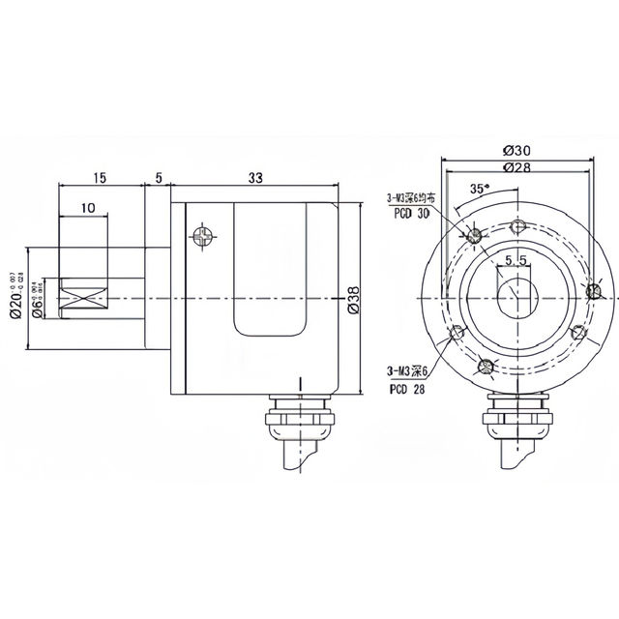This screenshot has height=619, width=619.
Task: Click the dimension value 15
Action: click(100, 178)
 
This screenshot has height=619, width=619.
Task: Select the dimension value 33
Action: click(256, 178)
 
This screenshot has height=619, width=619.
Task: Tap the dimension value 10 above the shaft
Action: click(87, 207)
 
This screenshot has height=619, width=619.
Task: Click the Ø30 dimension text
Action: click(516, 151)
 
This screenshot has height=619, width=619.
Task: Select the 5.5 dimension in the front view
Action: click(515, 260)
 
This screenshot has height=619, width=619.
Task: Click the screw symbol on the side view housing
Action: click(202, 235)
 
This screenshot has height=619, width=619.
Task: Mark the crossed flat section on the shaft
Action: click(79, 299)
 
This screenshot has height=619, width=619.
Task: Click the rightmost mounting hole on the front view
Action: click(595, 289)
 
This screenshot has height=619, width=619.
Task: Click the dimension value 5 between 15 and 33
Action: click(158, 178)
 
